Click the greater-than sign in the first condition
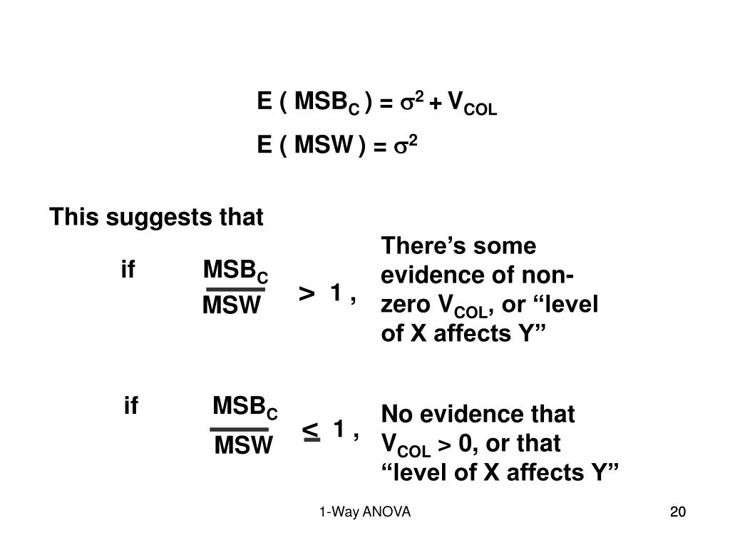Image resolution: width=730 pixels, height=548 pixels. click(307, 293)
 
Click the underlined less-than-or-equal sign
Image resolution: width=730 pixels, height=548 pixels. click(311, 430)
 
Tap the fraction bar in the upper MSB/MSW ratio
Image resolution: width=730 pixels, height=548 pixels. click(235, 290)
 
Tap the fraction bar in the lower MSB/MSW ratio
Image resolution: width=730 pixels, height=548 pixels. click(239, 430)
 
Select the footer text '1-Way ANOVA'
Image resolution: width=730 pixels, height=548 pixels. click(365, 512)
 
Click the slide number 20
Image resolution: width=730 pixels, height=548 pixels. click(677, 512)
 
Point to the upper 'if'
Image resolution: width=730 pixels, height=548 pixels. click(128, 271)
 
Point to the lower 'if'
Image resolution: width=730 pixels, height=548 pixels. click(130, 407)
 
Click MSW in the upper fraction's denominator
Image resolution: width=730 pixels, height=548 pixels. click(231, 307)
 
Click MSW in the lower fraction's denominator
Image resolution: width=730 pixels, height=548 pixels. click(243, 447)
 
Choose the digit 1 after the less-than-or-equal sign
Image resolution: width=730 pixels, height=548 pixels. click(339, 430)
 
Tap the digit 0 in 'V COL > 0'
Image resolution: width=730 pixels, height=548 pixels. click(467, 445)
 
